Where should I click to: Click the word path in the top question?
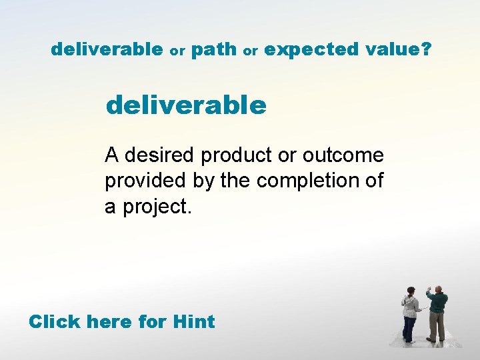coord(213,49)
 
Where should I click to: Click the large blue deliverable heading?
coord(186,105)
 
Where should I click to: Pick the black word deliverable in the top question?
coord(107,49)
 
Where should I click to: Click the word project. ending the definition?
coord(154,207)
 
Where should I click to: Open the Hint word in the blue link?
coord(193,321)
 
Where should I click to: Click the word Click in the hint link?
coord(55,321)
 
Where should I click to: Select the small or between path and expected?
coord(251,51)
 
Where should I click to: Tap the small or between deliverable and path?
coord(177,51)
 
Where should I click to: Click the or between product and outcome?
coord(287,156)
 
